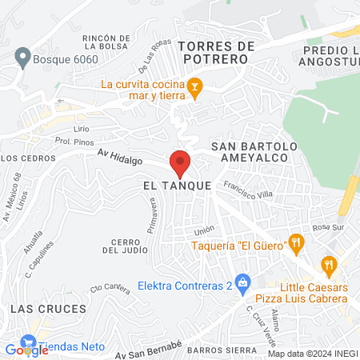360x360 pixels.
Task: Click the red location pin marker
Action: (x=180, y=163)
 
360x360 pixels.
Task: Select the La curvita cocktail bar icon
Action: (x=194, y=86)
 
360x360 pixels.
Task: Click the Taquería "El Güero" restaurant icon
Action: (x=296, y=242)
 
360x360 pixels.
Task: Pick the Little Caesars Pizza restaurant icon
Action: (x=328, y=264)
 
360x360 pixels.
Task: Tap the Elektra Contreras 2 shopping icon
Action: (x=245, y=281)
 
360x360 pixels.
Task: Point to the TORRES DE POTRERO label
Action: (x=215, y=52)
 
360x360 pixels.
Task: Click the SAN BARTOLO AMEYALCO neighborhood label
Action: (x=254, y=152)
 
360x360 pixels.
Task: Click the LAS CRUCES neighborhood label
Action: (x=33, y=307)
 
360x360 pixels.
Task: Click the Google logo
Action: (x=26, y=350)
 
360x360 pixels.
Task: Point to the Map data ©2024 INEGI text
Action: (x=312, y=354)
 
